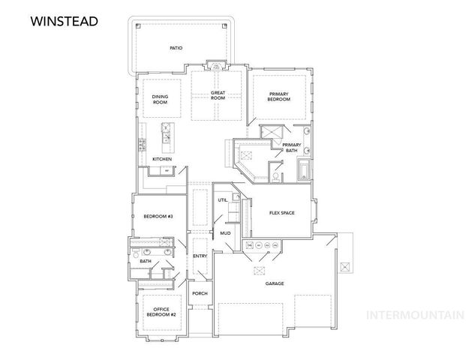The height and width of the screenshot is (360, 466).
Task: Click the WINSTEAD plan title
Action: [65, 22]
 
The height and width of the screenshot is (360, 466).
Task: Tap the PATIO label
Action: [176, 48]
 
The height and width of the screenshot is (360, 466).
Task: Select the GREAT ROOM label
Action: [218, 95]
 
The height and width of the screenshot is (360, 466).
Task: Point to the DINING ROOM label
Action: [160, 99]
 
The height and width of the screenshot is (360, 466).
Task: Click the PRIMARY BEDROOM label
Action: [278, 97]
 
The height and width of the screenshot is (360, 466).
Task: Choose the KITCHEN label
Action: [162, 159]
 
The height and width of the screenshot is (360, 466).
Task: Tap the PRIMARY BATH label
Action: [292, 148]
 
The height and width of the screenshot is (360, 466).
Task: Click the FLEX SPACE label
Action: [281, 213]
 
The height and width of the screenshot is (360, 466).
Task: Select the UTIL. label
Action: [223, 200]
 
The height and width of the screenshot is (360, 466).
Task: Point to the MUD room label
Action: [225, 233]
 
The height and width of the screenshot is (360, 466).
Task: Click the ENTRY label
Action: [200, 256]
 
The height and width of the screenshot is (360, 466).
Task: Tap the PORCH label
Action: [200, 293]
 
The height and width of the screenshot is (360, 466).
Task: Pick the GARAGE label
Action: [275, 283]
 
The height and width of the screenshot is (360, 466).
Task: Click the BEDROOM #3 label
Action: [158, 217]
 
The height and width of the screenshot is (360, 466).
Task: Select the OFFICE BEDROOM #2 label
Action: [161, 312]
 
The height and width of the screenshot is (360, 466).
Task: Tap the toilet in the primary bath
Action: [275, 177]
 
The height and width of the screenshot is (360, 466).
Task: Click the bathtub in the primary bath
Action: [304, 170]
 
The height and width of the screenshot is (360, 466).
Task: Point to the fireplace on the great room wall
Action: [216, 65]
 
